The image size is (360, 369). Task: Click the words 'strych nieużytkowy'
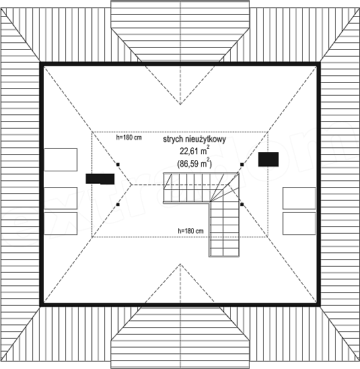(x=194, y=139)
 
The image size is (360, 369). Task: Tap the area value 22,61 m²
(x=194, y=151)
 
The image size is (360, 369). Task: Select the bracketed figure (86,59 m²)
(x=194, y=163)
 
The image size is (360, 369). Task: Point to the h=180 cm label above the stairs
(x=129, y=137)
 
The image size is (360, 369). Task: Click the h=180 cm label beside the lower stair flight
(x=190, y=231)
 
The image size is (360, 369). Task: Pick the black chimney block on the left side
(x=100, y=179)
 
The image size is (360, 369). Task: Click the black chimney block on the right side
(x=268, y=160)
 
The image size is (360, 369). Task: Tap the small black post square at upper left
(x=118, y=164)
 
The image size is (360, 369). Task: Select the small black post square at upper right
(x=242, y=164)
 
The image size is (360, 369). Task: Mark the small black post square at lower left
(x=118, y=205)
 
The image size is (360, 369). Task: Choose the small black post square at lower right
(x=242, y=205)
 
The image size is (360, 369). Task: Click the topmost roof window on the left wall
(x=61, y=160)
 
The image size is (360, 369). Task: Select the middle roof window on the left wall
(x=61, y=198)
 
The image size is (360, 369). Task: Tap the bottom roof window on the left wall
(x=61, y=224)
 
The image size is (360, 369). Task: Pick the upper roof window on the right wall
(x=299, y=198)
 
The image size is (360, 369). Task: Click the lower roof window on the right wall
(x=299, y=224)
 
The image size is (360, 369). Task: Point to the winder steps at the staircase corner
(x=225, y=188)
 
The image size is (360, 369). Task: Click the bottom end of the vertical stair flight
(x=224, y=256)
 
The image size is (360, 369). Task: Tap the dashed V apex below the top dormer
(x=180, y=104)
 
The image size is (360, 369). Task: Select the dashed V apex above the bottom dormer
(x=180, y=264)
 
